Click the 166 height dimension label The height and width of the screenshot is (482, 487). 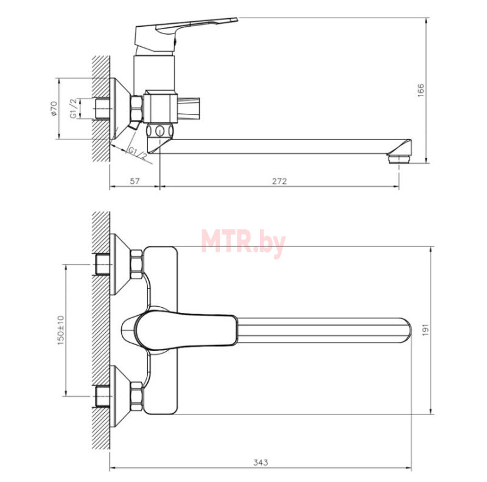(x=421, y=90)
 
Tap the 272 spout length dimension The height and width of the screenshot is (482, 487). (x=279, y=181)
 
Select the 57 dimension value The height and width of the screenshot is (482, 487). (x=135, y=181)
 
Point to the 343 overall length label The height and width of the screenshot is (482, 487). (x=261, y=463)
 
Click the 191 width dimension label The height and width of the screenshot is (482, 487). (x=426, y=329)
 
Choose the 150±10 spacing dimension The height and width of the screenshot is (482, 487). (x=60, y=330)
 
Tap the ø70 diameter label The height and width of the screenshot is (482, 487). (x=54, y=108)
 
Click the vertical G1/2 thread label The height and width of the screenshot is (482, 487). (x=73, y=108)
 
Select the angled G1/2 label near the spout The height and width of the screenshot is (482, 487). (x=137, y=154)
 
